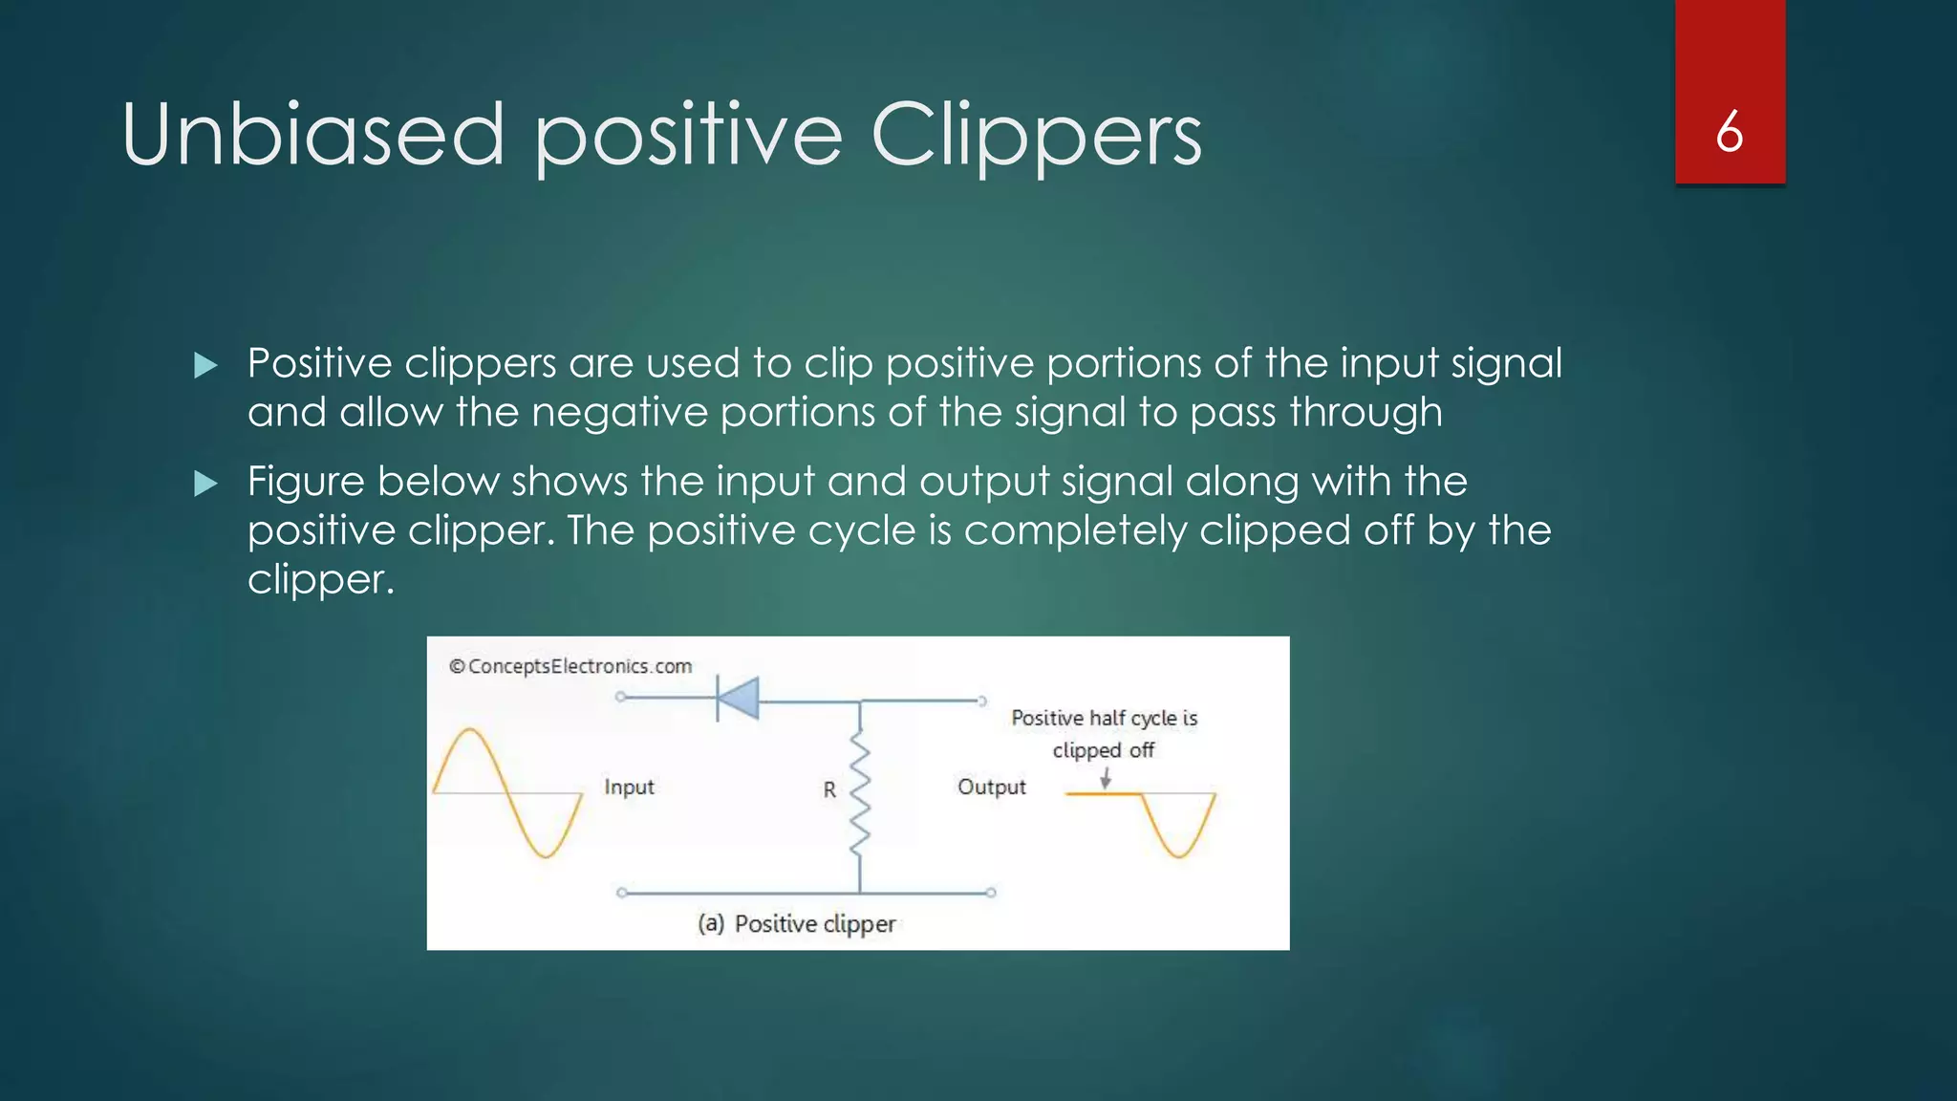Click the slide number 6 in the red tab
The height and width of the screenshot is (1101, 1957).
(x=1729, y=132)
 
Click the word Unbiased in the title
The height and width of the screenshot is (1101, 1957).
(x=312, y=135)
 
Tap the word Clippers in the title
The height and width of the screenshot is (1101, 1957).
(x=1036, y=135)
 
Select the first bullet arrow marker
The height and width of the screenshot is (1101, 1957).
(x=205, y=365)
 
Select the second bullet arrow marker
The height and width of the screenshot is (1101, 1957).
(x=205, y=484)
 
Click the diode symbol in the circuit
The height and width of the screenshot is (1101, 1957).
(x=738, y=698)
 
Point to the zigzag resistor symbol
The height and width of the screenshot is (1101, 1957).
(x=860, y=791)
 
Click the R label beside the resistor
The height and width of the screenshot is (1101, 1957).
(x=829, y=790)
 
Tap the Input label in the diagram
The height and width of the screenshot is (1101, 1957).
(x=629, y=788)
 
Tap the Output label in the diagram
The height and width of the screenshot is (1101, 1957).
(x=991, y=788)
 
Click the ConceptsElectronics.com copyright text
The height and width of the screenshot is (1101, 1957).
(x=570, y=666)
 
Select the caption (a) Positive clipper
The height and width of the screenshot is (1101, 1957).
(x=796, y=924)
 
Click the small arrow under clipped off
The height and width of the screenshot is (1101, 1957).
(x=1106, y=779)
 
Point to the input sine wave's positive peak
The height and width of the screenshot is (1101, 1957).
(x=470, y=731)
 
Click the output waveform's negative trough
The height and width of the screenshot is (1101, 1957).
(x=1180, y=854)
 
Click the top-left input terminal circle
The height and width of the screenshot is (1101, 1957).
(x=621, y=697)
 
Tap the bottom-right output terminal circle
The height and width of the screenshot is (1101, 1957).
(x=991, y=893)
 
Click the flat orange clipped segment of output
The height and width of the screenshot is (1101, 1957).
(x=1099, y=794)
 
